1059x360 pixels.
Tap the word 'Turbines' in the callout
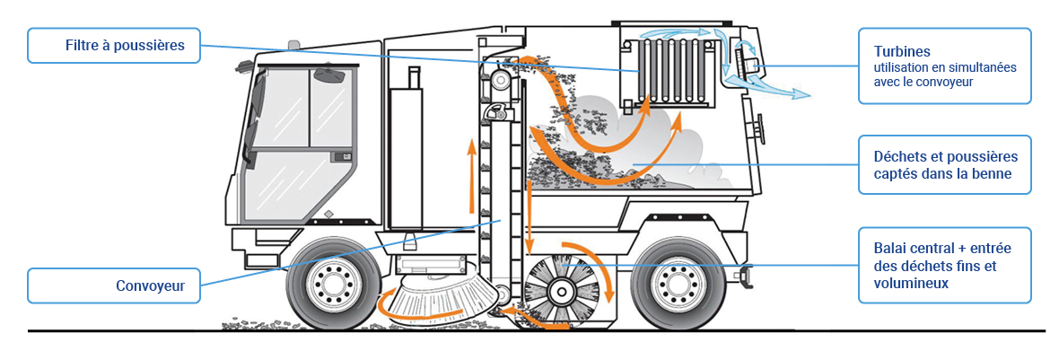(x=884, y=52)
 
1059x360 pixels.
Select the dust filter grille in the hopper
(x=670, y=71)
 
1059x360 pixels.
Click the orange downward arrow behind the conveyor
(x=529, y=215)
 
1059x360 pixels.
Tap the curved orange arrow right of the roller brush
(x=608, y=278)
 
